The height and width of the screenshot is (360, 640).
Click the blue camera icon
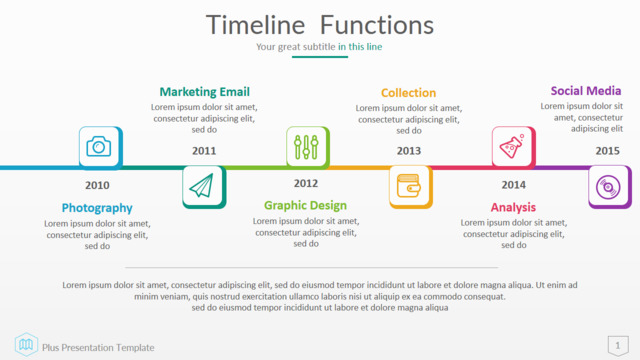[98, 147]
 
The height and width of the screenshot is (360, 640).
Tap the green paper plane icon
[202, 185]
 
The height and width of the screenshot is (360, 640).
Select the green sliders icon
[306, 147]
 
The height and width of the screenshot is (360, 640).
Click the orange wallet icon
[409, 186]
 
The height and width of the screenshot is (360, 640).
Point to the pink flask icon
[512, 146]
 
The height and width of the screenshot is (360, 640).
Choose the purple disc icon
[608, 187]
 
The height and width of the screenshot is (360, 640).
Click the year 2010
[97, 185]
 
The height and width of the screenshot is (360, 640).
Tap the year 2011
[204, 151]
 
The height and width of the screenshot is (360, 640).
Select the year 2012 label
[306, 184]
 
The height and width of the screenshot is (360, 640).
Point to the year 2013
[409, 151]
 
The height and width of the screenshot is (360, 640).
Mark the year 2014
[513, 185]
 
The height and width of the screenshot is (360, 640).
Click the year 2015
[607, 151]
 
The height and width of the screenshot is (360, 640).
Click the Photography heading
[97, 208]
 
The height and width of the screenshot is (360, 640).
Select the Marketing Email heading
[204, 92]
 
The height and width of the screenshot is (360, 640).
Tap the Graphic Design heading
[305, 205]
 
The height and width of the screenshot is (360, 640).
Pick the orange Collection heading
[409, 93]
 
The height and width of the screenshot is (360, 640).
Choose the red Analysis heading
[513, 207]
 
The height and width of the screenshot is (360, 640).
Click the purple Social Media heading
[586, 91]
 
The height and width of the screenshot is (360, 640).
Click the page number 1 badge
[618, 346]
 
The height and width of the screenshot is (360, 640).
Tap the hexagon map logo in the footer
[26, 344]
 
